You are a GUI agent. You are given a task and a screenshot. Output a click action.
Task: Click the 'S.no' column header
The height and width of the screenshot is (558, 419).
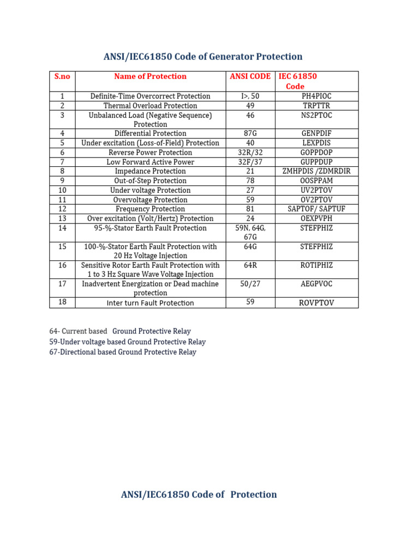pos(62,77)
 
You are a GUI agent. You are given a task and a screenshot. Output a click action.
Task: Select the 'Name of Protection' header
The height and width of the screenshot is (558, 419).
pos(150,77)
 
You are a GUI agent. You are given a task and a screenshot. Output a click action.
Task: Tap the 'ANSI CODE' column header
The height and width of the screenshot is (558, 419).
pos(250,77)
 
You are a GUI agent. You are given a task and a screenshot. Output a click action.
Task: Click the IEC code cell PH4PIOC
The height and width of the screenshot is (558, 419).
pos(316,96)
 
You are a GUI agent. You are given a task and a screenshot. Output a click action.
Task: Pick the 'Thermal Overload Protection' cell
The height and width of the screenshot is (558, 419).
pos(150,106)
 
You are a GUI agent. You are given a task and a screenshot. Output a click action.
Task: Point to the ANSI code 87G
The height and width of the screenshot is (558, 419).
pos(250,134)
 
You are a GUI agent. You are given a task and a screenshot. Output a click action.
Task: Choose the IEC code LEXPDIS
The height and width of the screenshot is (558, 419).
pos(316,143)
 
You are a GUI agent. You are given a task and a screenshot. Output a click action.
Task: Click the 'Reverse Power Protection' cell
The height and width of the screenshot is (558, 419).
pos(150,153)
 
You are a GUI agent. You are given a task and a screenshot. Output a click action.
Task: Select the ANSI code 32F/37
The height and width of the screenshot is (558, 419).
pos(250,162)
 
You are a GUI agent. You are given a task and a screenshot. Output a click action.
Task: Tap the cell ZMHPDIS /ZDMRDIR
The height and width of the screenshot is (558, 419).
pos(316,172)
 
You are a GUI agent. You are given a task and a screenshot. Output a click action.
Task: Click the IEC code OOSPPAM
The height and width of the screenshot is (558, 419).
pos(316,181)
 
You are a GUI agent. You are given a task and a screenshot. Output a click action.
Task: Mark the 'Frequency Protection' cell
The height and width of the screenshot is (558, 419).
pos(150,209)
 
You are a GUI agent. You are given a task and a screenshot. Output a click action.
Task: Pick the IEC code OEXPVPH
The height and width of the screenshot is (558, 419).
pos(316,219)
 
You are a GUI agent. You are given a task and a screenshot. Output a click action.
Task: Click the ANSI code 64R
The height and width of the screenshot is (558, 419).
pos(250,265)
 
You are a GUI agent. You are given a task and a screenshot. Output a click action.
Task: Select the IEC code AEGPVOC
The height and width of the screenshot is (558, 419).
pos(316,284)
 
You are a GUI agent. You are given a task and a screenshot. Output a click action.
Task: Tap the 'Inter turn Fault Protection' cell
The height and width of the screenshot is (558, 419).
pos(150,303)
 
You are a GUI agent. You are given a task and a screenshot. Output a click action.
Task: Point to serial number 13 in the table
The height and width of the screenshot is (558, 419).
pos(62,219)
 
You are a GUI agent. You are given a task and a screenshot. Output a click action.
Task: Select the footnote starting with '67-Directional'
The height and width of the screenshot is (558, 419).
pos(122,352)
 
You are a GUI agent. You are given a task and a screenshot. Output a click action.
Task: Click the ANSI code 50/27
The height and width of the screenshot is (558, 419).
pos(250,284)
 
